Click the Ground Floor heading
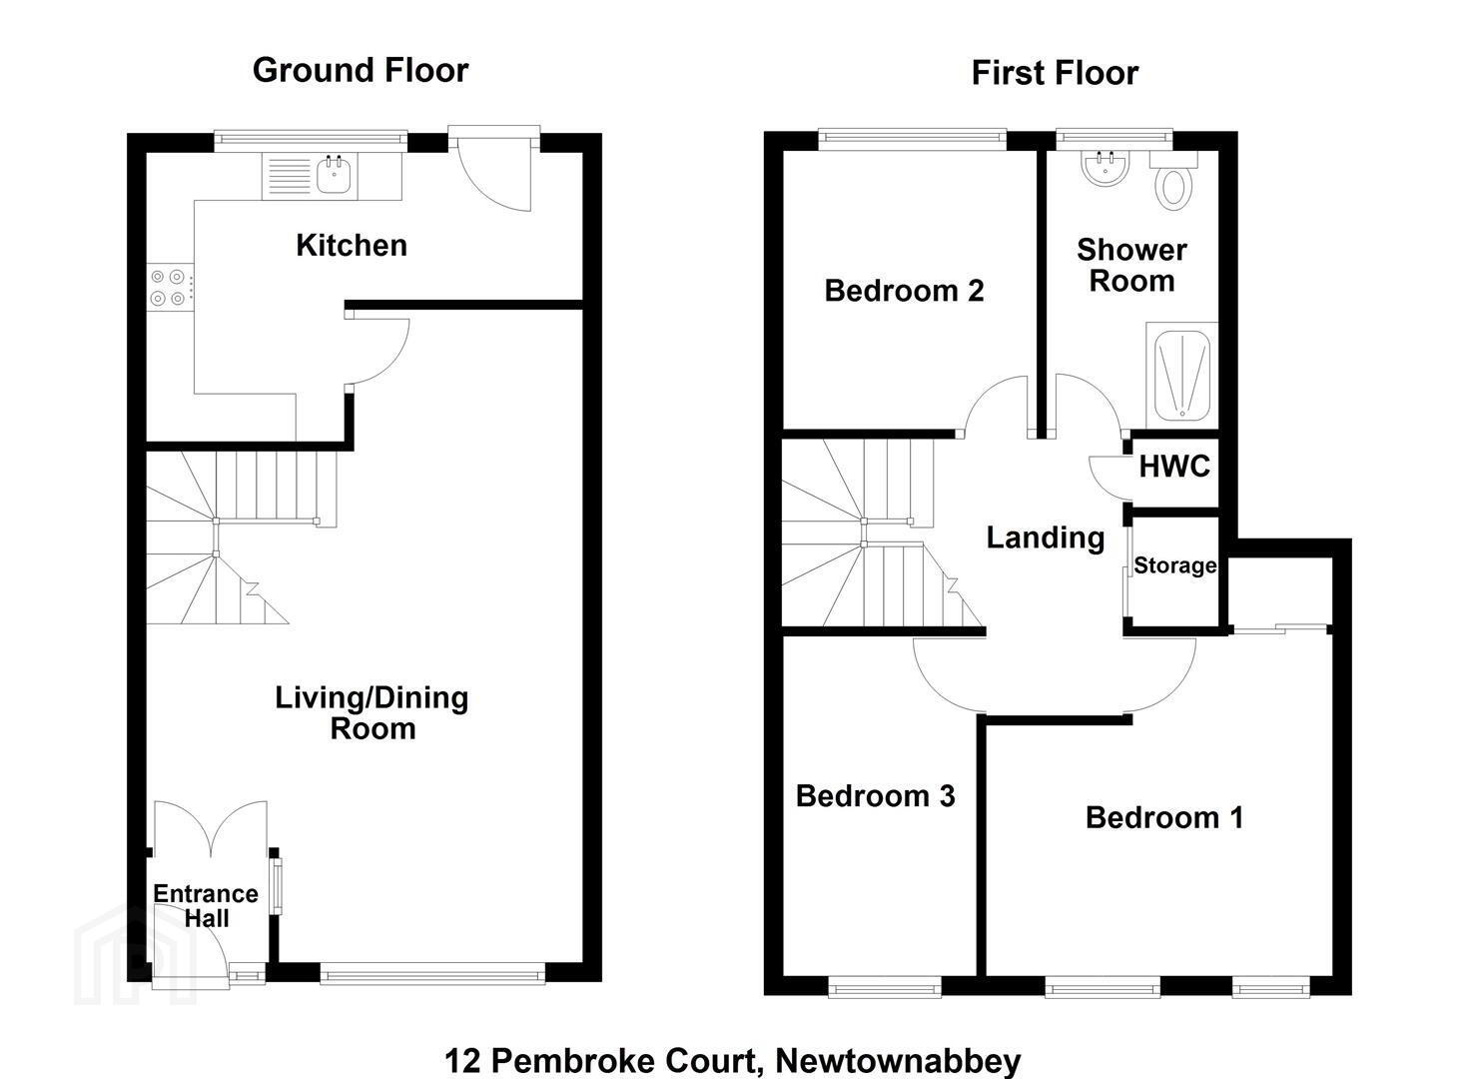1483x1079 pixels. point(361,70)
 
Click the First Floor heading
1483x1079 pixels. point(1055,73)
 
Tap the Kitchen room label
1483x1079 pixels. point(352,245)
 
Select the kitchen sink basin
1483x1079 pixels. point(334,174)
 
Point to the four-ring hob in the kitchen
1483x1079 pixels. point(168,288)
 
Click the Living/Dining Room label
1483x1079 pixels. point(372,712)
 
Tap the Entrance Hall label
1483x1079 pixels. point(206,906)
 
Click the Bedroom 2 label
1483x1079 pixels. point(904,291)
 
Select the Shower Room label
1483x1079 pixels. point(1131,265)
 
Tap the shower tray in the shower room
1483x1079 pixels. point(1181,375)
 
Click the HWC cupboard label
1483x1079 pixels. point(1174,467)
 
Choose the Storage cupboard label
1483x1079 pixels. point(1175,565)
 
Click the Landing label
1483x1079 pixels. point(1046,538)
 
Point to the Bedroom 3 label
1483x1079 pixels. point(875,795)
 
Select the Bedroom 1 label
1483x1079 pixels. point(1164,817)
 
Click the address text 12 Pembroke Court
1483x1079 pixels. point(600,1060)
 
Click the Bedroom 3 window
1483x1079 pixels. point(885,989)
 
